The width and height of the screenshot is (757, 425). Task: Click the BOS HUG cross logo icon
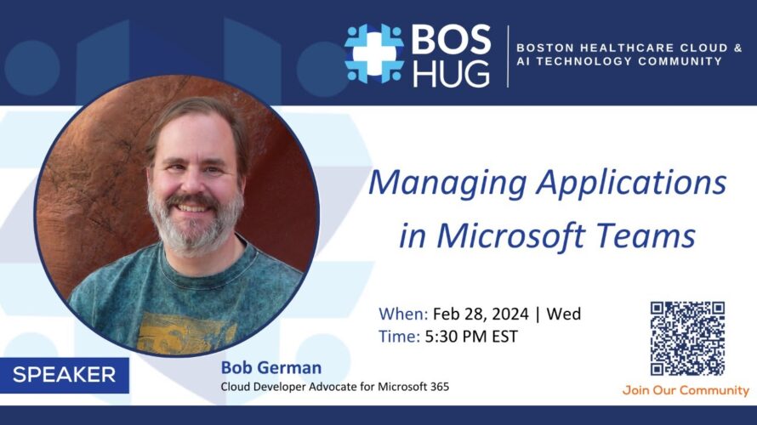[x=374, y=54]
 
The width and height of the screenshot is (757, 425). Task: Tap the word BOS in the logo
[x=451, y=40]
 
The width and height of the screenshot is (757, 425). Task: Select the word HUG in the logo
[x=451, y=73]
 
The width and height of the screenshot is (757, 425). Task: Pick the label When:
[x=403, y=314]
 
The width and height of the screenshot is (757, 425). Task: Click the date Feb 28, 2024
[x=481, y=314]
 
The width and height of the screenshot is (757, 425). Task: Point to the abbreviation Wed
[x=563, y=314]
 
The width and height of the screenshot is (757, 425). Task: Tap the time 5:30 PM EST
[x=471, y=337]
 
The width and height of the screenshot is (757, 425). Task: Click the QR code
[x=687, y=338]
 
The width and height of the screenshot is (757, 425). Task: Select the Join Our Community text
[x=686, y=390]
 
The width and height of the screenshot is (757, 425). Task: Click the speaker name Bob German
[x=271, y=367]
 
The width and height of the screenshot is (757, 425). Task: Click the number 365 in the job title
[x=440, y=387]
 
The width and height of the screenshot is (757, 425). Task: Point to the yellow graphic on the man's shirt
[x=186, y=333]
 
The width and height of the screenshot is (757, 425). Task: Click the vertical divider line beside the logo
[x=508, y=56]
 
